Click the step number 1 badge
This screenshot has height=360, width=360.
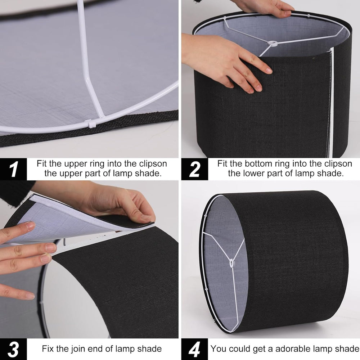click(x=13, y=169)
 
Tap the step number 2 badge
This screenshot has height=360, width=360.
click(x=195, y=169)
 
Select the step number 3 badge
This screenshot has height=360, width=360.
click(x=13, y=349)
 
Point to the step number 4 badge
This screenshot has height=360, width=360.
click(x=195, y=349)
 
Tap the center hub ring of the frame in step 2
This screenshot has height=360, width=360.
click(x=273, y=43)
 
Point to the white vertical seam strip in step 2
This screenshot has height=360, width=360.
click(x=331, y=102)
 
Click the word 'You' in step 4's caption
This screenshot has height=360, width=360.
click(x=219, y=349)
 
